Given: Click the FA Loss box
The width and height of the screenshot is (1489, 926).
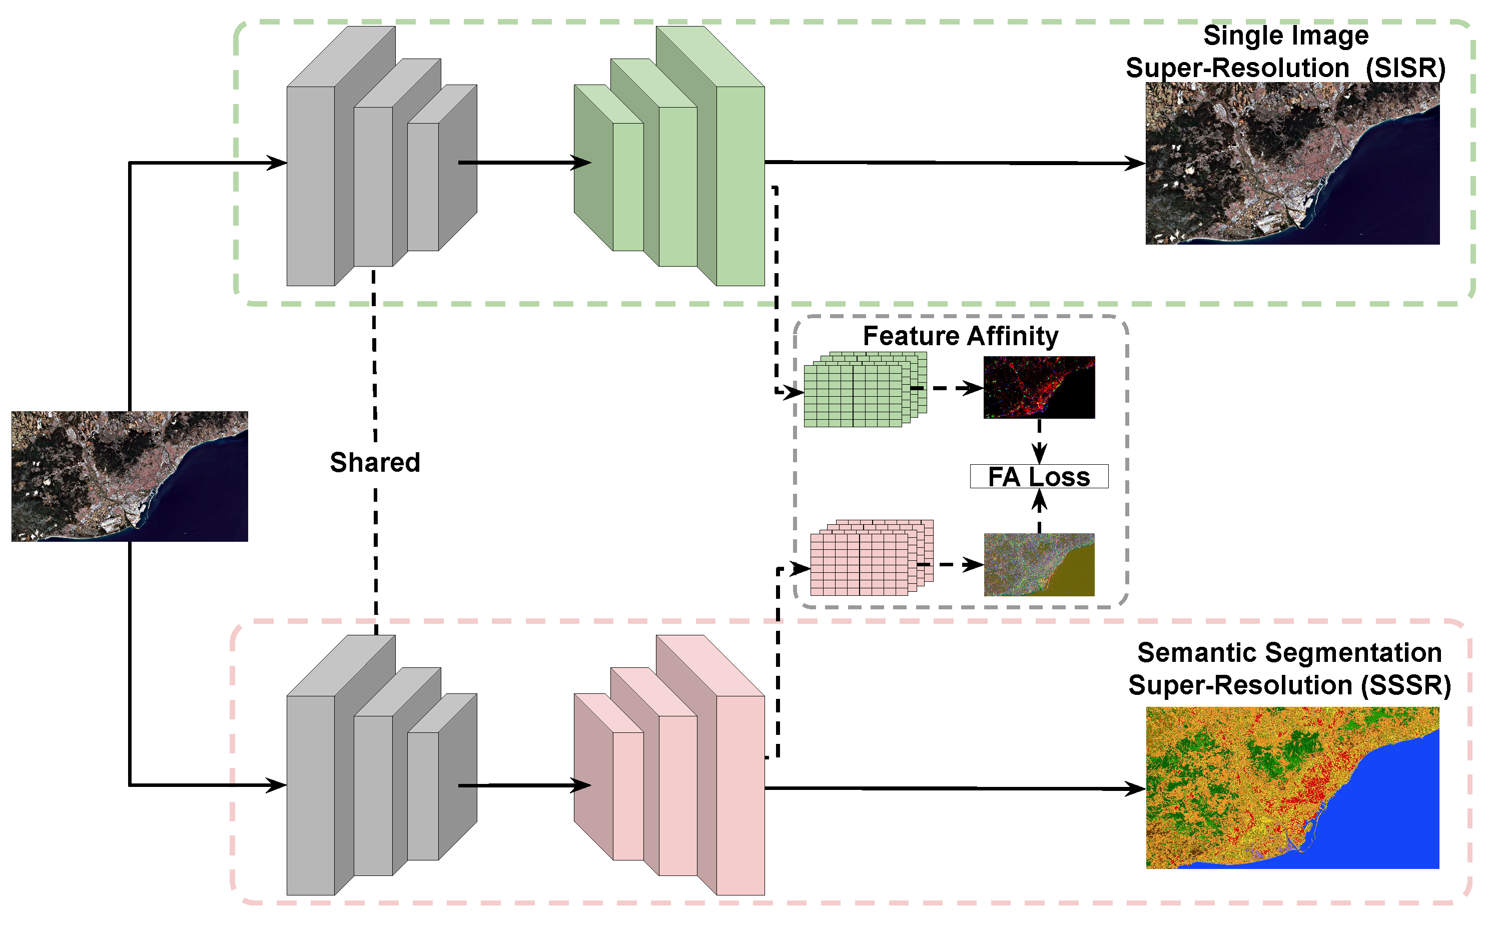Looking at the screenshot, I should pos(1039,476).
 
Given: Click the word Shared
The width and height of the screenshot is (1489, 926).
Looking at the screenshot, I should pos(375,462).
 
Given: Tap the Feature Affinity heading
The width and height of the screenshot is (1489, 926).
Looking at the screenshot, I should pos(961,336).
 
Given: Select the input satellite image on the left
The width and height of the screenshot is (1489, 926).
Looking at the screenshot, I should pos(129,476).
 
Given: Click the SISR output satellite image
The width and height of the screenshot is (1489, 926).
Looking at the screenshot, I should pos(1292,164).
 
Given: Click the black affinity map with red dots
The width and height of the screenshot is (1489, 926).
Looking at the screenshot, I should pos(1039,387).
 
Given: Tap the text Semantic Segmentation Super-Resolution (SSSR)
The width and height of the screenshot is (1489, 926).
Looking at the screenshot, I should pos(1289,669).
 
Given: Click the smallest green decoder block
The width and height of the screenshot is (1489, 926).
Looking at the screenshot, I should pos(627,187).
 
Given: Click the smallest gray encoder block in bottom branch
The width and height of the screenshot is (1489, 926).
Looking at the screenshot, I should pos(423,795).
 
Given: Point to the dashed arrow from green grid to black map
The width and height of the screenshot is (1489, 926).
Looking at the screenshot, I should pos(946,388).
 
